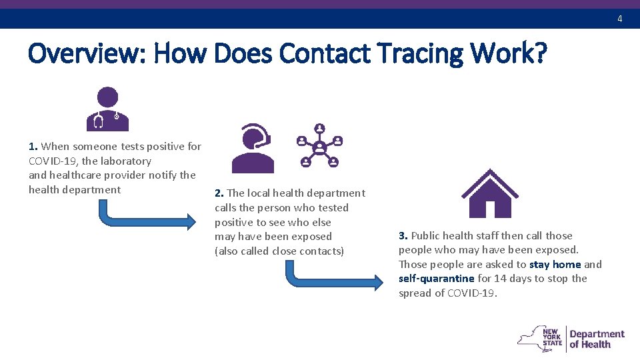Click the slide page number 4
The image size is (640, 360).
[x=619, y=19]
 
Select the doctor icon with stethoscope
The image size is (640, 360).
[x=107, y=109]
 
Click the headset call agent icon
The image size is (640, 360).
[x=252, y=148]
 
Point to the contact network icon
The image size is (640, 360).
[x=319, y=145]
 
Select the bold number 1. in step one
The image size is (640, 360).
[x=33, y=147]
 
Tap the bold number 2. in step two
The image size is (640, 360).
[x=219, y=193]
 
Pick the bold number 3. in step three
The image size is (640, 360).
[x=403, y=236]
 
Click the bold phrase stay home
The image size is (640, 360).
[x=555, y=265]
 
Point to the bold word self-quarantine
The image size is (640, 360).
[x=436, y=279]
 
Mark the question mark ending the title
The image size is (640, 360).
[x=538, y=53]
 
